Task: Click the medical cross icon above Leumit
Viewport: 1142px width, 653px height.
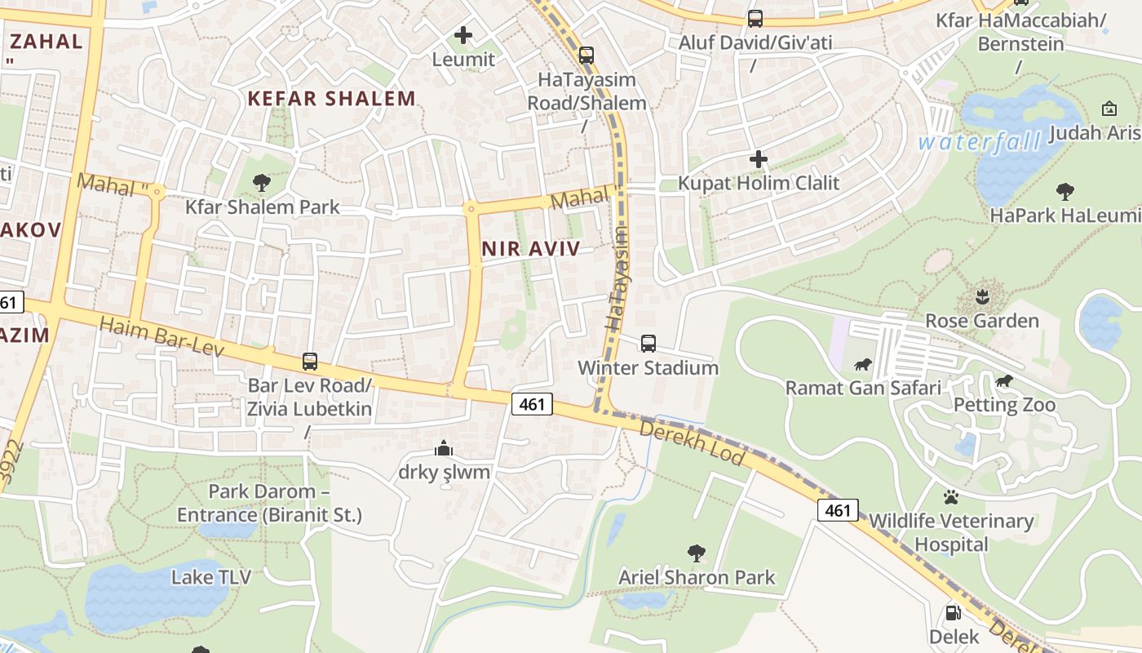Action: pyautogui.click(x=463, y=35)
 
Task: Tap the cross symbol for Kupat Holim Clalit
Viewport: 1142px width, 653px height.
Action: pyautogui.click(x=759, y=159)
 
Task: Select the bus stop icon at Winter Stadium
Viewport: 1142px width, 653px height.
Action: pyautogui.click(x=648, y=344)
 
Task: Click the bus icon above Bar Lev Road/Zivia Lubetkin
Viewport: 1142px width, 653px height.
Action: pyautogui.click(x=310, y=361)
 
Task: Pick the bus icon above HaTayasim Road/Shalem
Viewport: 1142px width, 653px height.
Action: pyautogui.click(x=586, y=56)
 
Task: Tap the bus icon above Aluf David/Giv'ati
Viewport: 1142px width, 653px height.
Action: pyautogui.click(x=755, y=18)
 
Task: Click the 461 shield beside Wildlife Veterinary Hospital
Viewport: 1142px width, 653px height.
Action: pyautogui.click(x=838, y=511)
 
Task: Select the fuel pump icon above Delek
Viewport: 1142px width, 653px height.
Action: pyautogui.click(x=953, y=612)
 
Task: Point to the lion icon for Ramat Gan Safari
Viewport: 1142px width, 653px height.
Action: pyautogui.click(x=863, y=364)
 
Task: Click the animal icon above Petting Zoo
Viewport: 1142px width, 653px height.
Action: pyautogui.click(x=1004, y=381)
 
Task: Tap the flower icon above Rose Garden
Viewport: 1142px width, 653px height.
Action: pyautogui.click(x=982, y=296)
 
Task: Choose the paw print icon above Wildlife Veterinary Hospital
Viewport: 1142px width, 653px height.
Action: pyautogui.click(x=951, y=496)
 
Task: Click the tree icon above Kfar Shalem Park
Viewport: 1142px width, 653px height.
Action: pyautogui.click(x=262, y=183)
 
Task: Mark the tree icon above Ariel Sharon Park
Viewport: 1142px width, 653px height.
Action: pyautogui.click(x=697, y=553)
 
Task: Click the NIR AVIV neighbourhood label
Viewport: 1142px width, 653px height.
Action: pyautogui.click(x=530, y=250)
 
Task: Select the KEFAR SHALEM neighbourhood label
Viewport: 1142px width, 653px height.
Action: pyautogui.click(x=331, y=99)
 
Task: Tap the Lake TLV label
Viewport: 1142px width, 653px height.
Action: pyautogui.click(x=210, y=577)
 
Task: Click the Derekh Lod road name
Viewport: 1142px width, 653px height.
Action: pyautogui.click(x=692, y=442)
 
